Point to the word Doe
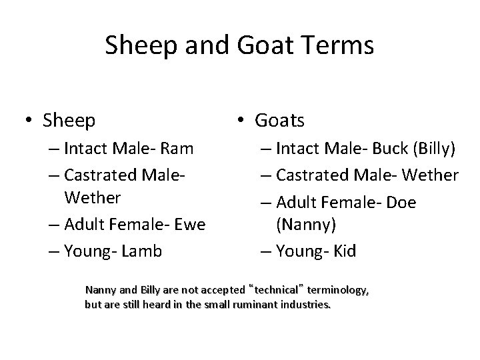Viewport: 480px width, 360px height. tap(400, 201)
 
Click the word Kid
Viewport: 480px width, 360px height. tap(344, 251)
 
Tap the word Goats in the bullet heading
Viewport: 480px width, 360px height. tap(279, 121)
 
